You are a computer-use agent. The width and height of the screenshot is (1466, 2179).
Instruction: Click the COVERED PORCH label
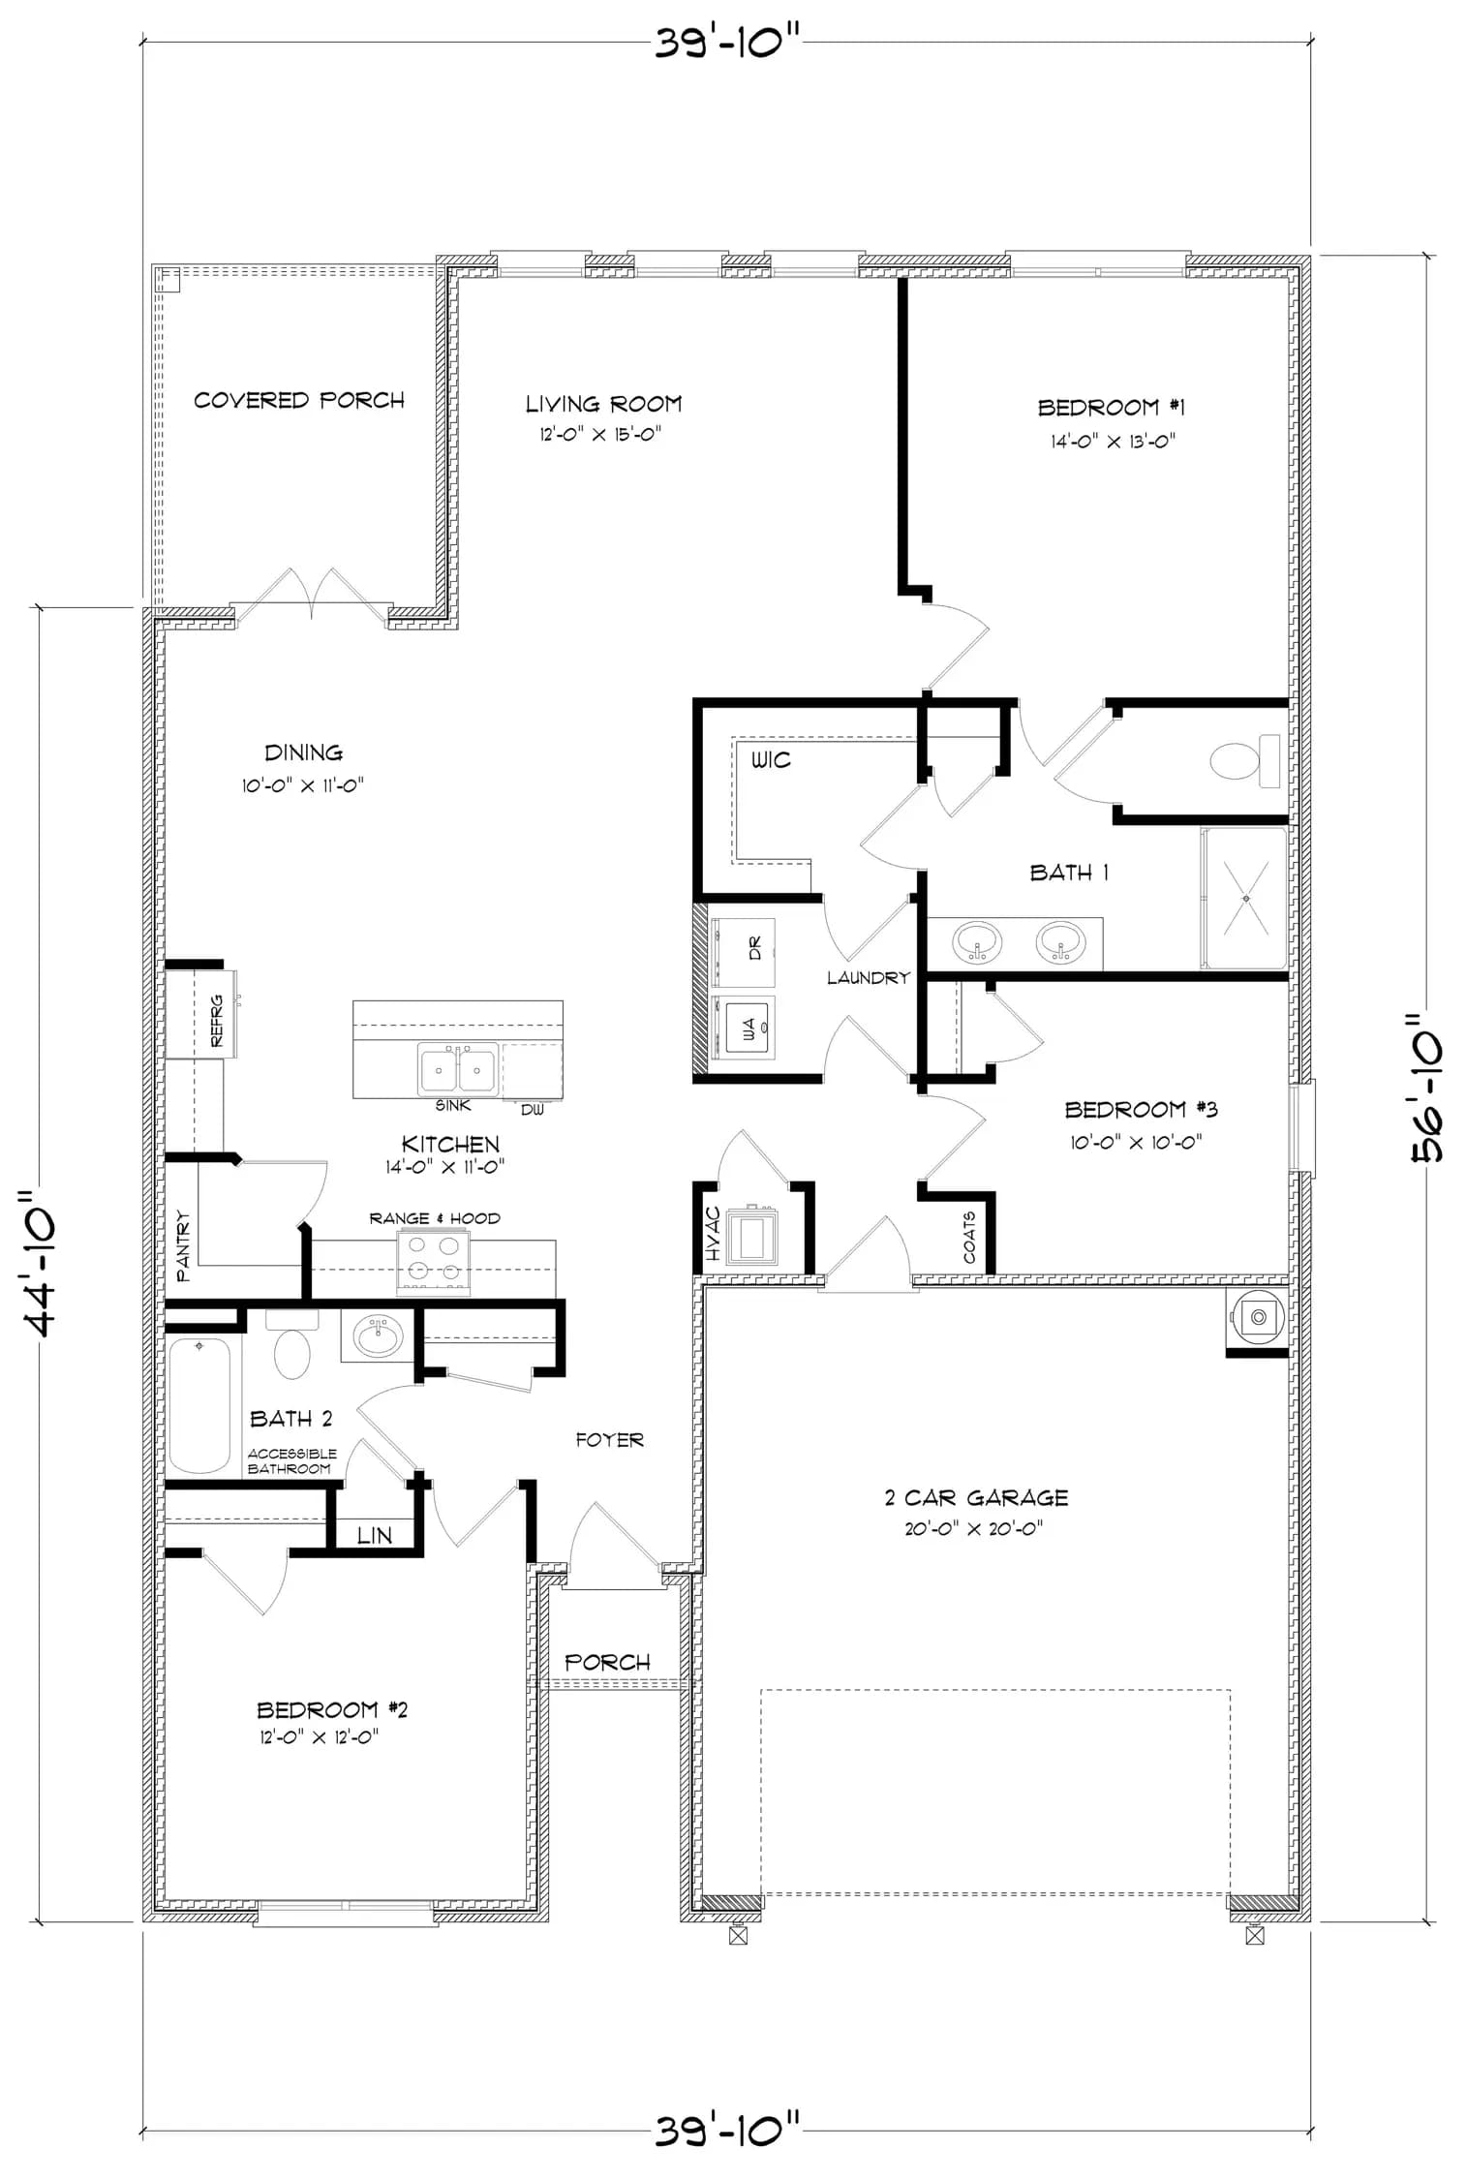tap(299, 400)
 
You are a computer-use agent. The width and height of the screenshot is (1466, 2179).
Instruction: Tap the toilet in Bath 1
tap(1244, 760)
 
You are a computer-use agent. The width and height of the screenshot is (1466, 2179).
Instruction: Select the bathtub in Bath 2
tap(199, 1404)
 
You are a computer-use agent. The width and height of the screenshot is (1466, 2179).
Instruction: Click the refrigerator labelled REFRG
tap(201, 1014)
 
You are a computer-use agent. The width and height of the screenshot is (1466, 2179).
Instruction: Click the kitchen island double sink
tap(458, 1069)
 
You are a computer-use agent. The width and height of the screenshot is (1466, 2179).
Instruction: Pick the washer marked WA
tap(743, 1028)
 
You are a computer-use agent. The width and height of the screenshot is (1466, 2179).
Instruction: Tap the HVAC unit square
tap(751, 1237)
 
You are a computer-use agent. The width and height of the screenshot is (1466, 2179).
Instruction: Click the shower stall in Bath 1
tap(1245, 898)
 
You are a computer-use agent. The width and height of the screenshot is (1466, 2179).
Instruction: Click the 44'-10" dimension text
tap(40, 1265)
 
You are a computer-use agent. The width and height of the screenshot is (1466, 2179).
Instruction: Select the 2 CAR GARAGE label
tap(976, 1497)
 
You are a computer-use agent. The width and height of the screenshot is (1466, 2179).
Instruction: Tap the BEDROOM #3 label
tap(1141, 1109)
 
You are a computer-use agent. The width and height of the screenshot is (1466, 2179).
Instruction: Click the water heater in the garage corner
tap(1257, 1316)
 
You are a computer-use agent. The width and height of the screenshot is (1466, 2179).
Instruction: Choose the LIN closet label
tap(374, 1535)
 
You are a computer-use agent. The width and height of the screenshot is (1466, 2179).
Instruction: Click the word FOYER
tap(609, 1440)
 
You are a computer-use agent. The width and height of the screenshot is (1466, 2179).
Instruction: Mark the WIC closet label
tap(771, 760)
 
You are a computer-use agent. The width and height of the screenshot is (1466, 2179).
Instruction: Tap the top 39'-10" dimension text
tap(728, 42)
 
